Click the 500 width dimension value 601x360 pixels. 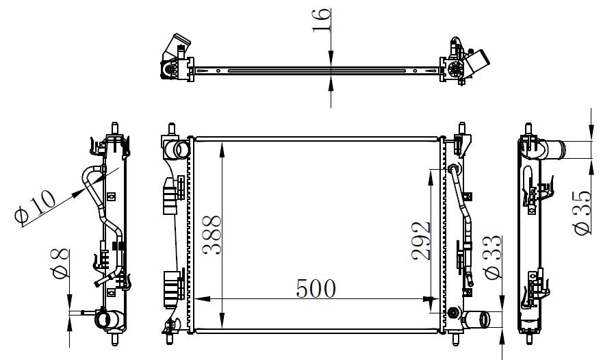click(316, 289)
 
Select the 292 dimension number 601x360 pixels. click(421, 240)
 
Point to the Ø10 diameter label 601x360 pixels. click(36, 207)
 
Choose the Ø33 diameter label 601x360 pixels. click(493, 257)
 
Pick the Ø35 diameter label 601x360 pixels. click(583, 213)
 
